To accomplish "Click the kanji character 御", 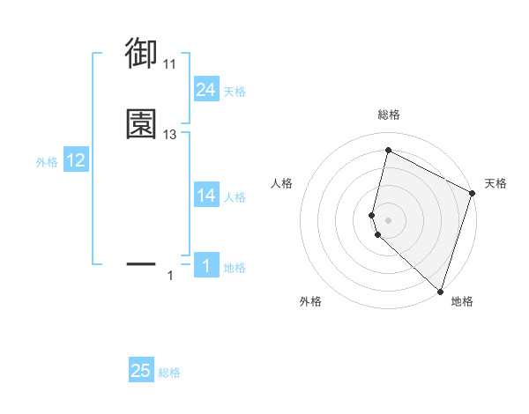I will (142, 54).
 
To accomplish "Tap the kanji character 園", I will (142, 124).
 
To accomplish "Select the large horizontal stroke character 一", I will (142, 263).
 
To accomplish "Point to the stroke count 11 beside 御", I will (170, 64).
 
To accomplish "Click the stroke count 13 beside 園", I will (170, 135).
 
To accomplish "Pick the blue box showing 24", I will (205, 89).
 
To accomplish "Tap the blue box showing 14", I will (205, 196).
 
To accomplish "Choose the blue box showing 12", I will (76, 160).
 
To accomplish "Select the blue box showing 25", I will (141, 371).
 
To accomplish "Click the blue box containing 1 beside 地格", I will (205, 266).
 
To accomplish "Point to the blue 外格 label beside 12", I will (47, 162).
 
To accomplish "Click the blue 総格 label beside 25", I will (169, 373).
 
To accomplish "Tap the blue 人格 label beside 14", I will (235, 197).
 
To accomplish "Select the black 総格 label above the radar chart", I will (388, 115).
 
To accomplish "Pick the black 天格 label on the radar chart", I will (495, 183).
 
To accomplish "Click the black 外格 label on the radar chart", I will (310, 301).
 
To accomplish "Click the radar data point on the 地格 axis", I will (440, 291).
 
